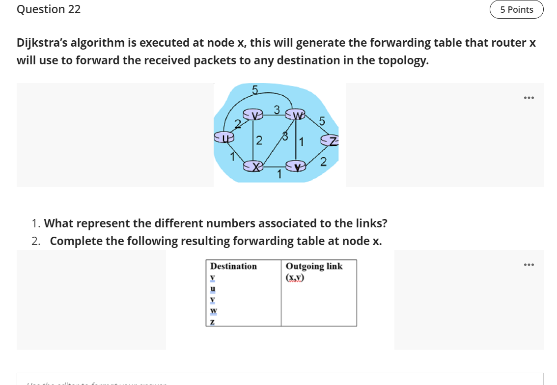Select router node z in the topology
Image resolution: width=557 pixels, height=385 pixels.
330,141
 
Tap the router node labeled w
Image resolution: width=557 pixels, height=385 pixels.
297,115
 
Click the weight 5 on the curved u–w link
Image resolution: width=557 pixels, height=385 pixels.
254,89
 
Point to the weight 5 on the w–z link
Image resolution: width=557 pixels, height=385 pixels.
322,121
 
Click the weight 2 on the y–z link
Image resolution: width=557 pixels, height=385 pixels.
323,163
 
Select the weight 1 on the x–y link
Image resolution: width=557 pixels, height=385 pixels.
279,173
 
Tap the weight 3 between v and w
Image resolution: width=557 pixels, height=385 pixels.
277,110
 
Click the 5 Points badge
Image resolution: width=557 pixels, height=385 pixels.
516,10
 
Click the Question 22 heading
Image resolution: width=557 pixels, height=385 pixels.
49,9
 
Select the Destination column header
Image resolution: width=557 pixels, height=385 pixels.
233,266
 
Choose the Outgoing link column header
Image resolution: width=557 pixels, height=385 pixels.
314,266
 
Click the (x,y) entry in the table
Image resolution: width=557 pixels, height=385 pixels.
295,277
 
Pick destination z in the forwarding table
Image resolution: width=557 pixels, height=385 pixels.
213,321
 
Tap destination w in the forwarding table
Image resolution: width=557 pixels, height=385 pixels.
213,310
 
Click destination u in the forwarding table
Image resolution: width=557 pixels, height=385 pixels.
213,288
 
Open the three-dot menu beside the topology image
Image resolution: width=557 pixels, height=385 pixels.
529,98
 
